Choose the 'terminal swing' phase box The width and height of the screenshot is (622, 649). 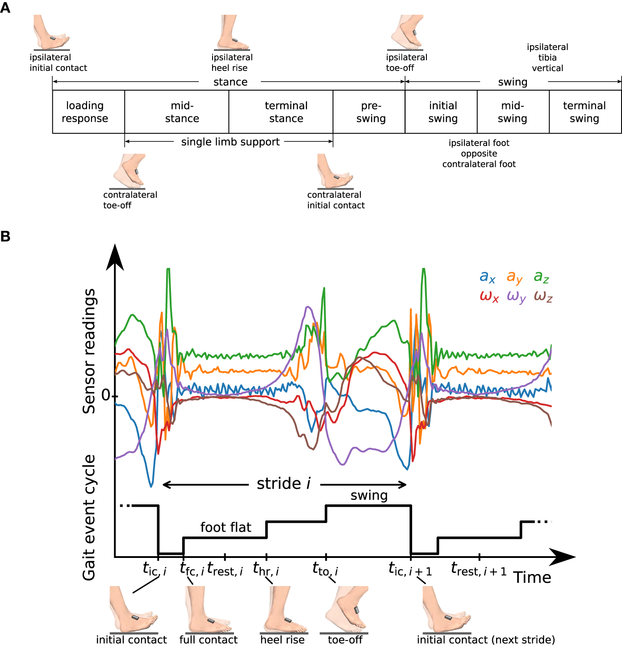[585, 112]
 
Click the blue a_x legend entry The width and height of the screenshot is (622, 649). [487, 277]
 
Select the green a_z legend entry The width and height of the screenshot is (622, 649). [541, 277]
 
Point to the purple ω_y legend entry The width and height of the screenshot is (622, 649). [516, 297]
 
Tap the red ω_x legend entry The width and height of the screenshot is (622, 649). [489, 297]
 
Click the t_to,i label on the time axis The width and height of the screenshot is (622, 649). [325, 570]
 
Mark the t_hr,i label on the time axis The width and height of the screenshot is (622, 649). [266, 570]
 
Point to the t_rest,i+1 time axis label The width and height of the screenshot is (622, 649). [479, 570]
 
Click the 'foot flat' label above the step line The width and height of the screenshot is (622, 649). [225, 527]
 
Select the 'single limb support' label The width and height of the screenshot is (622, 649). [230, 142]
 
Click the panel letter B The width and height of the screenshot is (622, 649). [5, 236]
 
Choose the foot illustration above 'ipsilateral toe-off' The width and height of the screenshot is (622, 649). [405, 32]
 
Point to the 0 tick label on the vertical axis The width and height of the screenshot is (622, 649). [106, 395]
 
